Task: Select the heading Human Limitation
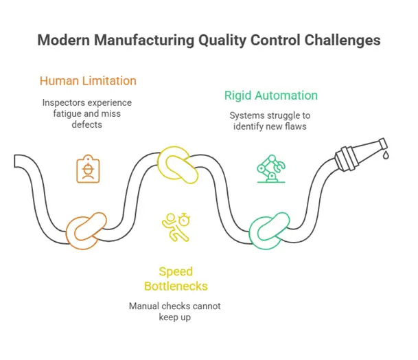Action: [88, 80]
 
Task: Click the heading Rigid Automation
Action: [271, 95]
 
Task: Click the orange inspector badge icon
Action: [87, 169]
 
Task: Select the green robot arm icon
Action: [268, 169]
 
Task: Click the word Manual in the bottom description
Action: [144, 305]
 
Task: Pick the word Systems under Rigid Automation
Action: [245, 115]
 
